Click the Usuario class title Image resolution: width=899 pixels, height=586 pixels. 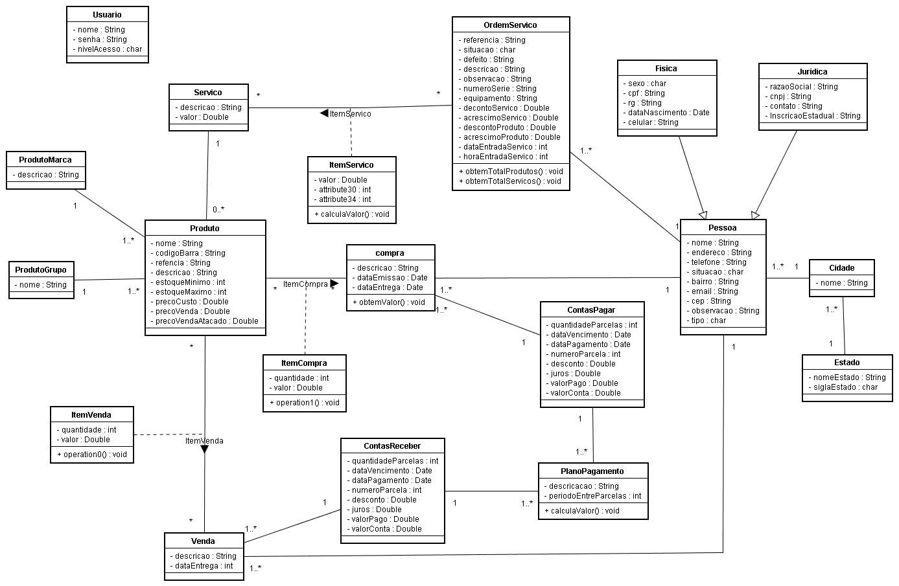tap(107, 14)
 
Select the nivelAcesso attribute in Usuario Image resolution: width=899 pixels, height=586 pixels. tap(107, 49)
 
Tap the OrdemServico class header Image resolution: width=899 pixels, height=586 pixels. tap(510, 25)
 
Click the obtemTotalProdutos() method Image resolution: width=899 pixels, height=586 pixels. tap(511, 172)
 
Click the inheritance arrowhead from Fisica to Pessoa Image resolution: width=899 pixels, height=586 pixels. tap(703, 214)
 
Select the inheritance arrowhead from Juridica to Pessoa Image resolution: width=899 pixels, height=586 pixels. tap(755, 214)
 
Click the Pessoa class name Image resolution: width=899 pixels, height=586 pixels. tap(722, 228)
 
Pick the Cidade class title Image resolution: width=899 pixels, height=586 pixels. tap(841, 268)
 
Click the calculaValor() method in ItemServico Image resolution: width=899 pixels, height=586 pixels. tap(351, 214)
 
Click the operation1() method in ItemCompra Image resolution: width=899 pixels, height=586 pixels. tap(304, 403)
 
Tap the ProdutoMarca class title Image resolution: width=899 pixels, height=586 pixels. tap(45, 160)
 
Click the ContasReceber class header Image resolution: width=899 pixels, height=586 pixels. tap(392, 446)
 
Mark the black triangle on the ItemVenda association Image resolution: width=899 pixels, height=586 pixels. tap(204, 449)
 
